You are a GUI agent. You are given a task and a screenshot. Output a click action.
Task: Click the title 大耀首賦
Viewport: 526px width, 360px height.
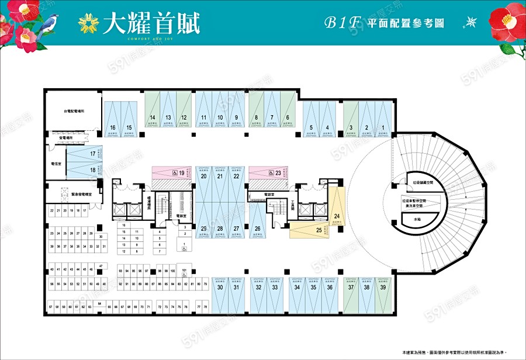(151, 23)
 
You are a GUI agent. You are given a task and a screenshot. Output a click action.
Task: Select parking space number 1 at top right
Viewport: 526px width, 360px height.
(383, 127)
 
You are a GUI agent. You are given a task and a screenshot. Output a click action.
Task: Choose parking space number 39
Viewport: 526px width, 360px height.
(383, 287)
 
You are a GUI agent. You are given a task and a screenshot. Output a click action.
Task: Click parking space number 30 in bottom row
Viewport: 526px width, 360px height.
(220, 287)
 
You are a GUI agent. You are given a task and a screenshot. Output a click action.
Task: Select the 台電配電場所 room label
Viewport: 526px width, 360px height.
(74, 111)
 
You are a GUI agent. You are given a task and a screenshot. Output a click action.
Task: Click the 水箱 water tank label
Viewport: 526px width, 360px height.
(417, 219)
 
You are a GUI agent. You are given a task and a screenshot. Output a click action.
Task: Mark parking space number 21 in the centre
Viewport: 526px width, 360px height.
(220, 176)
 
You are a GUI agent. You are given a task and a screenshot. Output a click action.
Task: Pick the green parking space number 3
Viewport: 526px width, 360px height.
(350, 127)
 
